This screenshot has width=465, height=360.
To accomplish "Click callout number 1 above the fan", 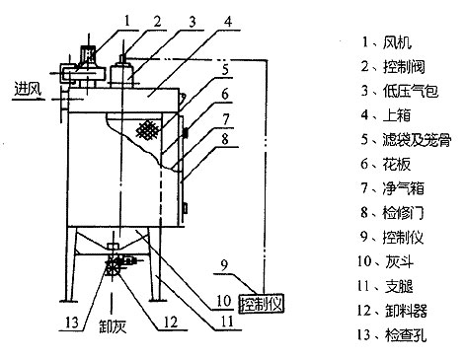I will (125, 17).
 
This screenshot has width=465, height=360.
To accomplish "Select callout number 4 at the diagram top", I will (228, 21).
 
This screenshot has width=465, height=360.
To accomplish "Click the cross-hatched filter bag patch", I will (148, 129).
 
